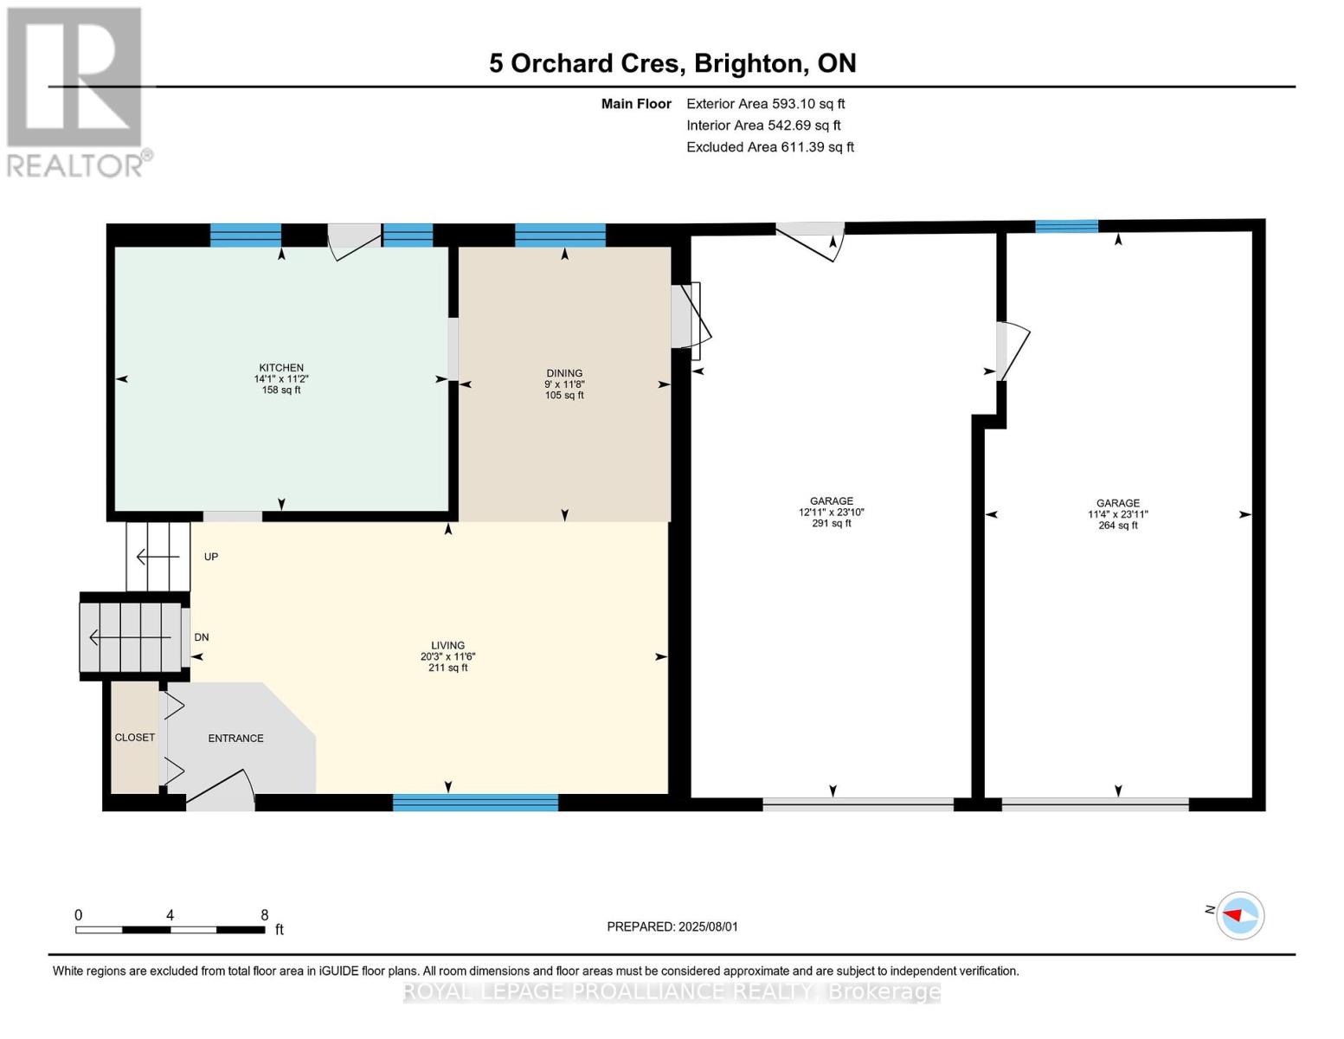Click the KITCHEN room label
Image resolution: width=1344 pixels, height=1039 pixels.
point(280,368)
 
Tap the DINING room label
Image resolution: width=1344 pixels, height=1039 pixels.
point(564,373)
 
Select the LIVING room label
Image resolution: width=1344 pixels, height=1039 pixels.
point(447,645)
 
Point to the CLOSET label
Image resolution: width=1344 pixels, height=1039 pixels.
point(134,738)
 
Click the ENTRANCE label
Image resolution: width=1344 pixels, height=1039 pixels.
point(235,739)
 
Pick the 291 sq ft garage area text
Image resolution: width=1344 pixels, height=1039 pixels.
point(832,524)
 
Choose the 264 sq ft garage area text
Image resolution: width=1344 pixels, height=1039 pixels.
point(1117,526)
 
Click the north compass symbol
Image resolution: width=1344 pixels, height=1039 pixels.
point(1239,916)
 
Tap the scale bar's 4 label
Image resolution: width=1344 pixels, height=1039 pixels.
point(170,915)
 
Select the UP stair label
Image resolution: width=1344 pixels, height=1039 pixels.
point(211,557)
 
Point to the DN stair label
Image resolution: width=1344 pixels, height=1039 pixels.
point(202,637)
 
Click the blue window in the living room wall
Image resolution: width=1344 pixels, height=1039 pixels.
point(475,803)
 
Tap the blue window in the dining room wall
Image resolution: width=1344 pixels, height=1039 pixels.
point(560,236)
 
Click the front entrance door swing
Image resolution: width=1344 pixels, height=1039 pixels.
point(221,791)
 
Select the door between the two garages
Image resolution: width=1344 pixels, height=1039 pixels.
point(1012,352)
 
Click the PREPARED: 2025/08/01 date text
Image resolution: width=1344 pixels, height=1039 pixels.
point(672,927)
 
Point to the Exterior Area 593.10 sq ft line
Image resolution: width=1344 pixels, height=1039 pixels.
point(765,104)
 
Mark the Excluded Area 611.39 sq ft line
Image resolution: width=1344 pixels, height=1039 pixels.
point(770,147)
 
